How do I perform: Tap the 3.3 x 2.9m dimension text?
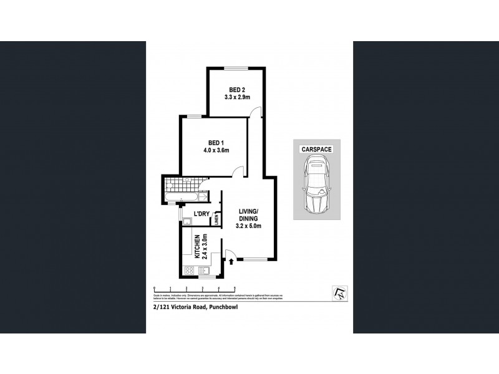click(x=237, y=98)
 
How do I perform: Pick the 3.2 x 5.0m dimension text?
click(x=248, y=226)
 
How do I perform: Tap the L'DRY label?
click(x=201, y=214)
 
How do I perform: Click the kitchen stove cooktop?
click(x=189, y=271)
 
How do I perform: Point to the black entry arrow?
click(x=231, y=260)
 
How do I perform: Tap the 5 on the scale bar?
click(x=234, y=288)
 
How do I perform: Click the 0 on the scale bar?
click(x=153, y=288)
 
